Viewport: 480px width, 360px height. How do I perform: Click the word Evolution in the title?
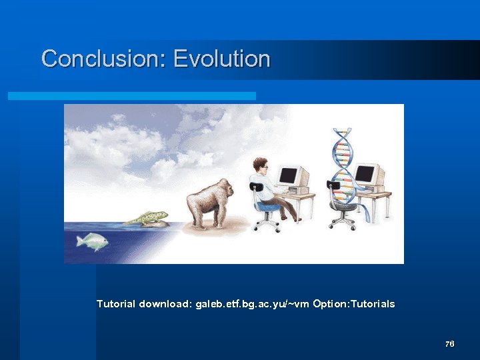pyautogui.click(x=222, y=59)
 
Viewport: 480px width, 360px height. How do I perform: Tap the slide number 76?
pyautogui.click(x=449, y=344)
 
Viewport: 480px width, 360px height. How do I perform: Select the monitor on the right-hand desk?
pyautogui.click(x=366, y=175)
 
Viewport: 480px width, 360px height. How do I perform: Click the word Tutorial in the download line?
pyautogui.click(x=116, y=304)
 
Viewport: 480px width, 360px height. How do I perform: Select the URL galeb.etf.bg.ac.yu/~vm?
pyautogui.click(x=252, y=304)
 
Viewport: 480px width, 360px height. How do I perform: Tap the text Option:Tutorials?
pyautogui.click(x=353, y=304)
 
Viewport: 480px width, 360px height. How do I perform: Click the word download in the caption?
pyautogui.click(x=165, y=304)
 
